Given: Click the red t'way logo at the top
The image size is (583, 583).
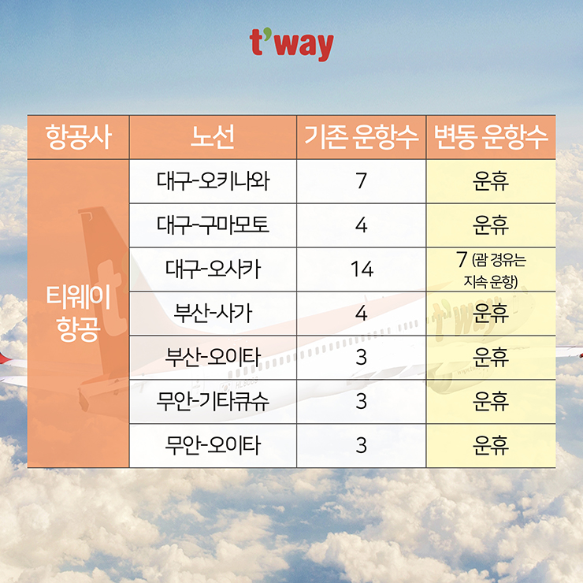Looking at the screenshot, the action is pos(291,45).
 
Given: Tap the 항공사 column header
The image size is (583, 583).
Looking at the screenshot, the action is pos(79,137).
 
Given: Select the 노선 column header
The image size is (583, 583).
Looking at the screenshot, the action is pos(213,137).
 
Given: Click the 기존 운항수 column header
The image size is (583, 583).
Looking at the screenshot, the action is pos(361,137).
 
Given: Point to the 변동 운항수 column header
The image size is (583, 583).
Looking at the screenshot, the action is pos(491,137).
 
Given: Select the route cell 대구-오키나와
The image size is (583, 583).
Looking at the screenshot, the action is pos(213,181).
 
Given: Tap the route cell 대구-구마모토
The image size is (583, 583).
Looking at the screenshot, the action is pos(213,225).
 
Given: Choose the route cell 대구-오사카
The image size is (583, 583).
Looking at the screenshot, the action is pos(213,269).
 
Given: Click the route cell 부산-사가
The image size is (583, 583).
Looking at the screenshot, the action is pos(213,313).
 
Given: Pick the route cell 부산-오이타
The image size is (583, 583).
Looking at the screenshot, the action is pos(213,357).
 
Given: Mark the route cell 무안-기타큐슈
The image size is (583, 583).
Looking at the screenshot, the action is pos(213,401).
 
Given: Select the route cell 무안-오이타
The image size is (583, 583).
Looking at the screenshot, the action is pos(213,445).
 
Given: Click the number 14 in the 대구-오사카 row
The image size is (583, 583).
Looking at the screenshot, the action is pos(362,269).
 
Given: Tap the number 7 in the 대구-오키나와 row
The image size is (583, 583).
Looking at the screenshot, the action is pos(362,181).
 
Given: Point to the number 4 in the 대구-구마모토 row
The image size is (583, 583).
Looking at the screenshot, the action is pos(362,225).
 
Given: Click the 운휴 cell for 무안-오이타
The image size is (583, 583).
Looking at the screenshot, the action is pos(491,445).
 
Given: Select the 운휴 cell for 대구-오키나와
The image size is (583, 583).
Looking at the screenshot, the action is pos(491,181).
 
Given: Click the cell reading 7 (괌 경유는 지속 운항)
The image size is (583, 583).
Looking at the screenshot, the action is pos(491,269).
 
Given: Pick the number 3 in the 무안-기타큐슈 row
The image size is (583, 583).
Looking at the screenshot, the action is pos(362,401).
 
